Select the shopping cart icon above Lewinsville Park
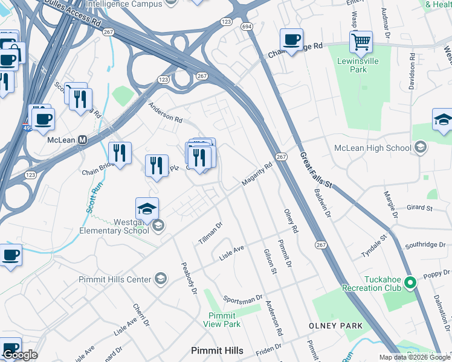click(x=361, y=42)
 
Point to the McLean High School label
click(x=373, y=148)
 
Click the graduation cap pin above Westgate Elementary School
click(x=147, y=209)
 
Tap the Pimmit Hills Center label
click(x=115, y=279)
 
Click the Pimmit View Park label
click(x=224, y=320)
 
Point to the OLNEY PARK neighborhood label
click(x=336, y=326)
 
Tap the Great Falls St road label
click(x=316, y=171)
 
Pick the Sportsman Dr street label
click(x=243, y=299)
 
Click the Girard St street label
click(x=420, y=208)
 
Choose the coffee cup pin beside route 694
click(x=292, y=40)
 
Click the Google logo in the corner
click(x=20, y=355)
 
